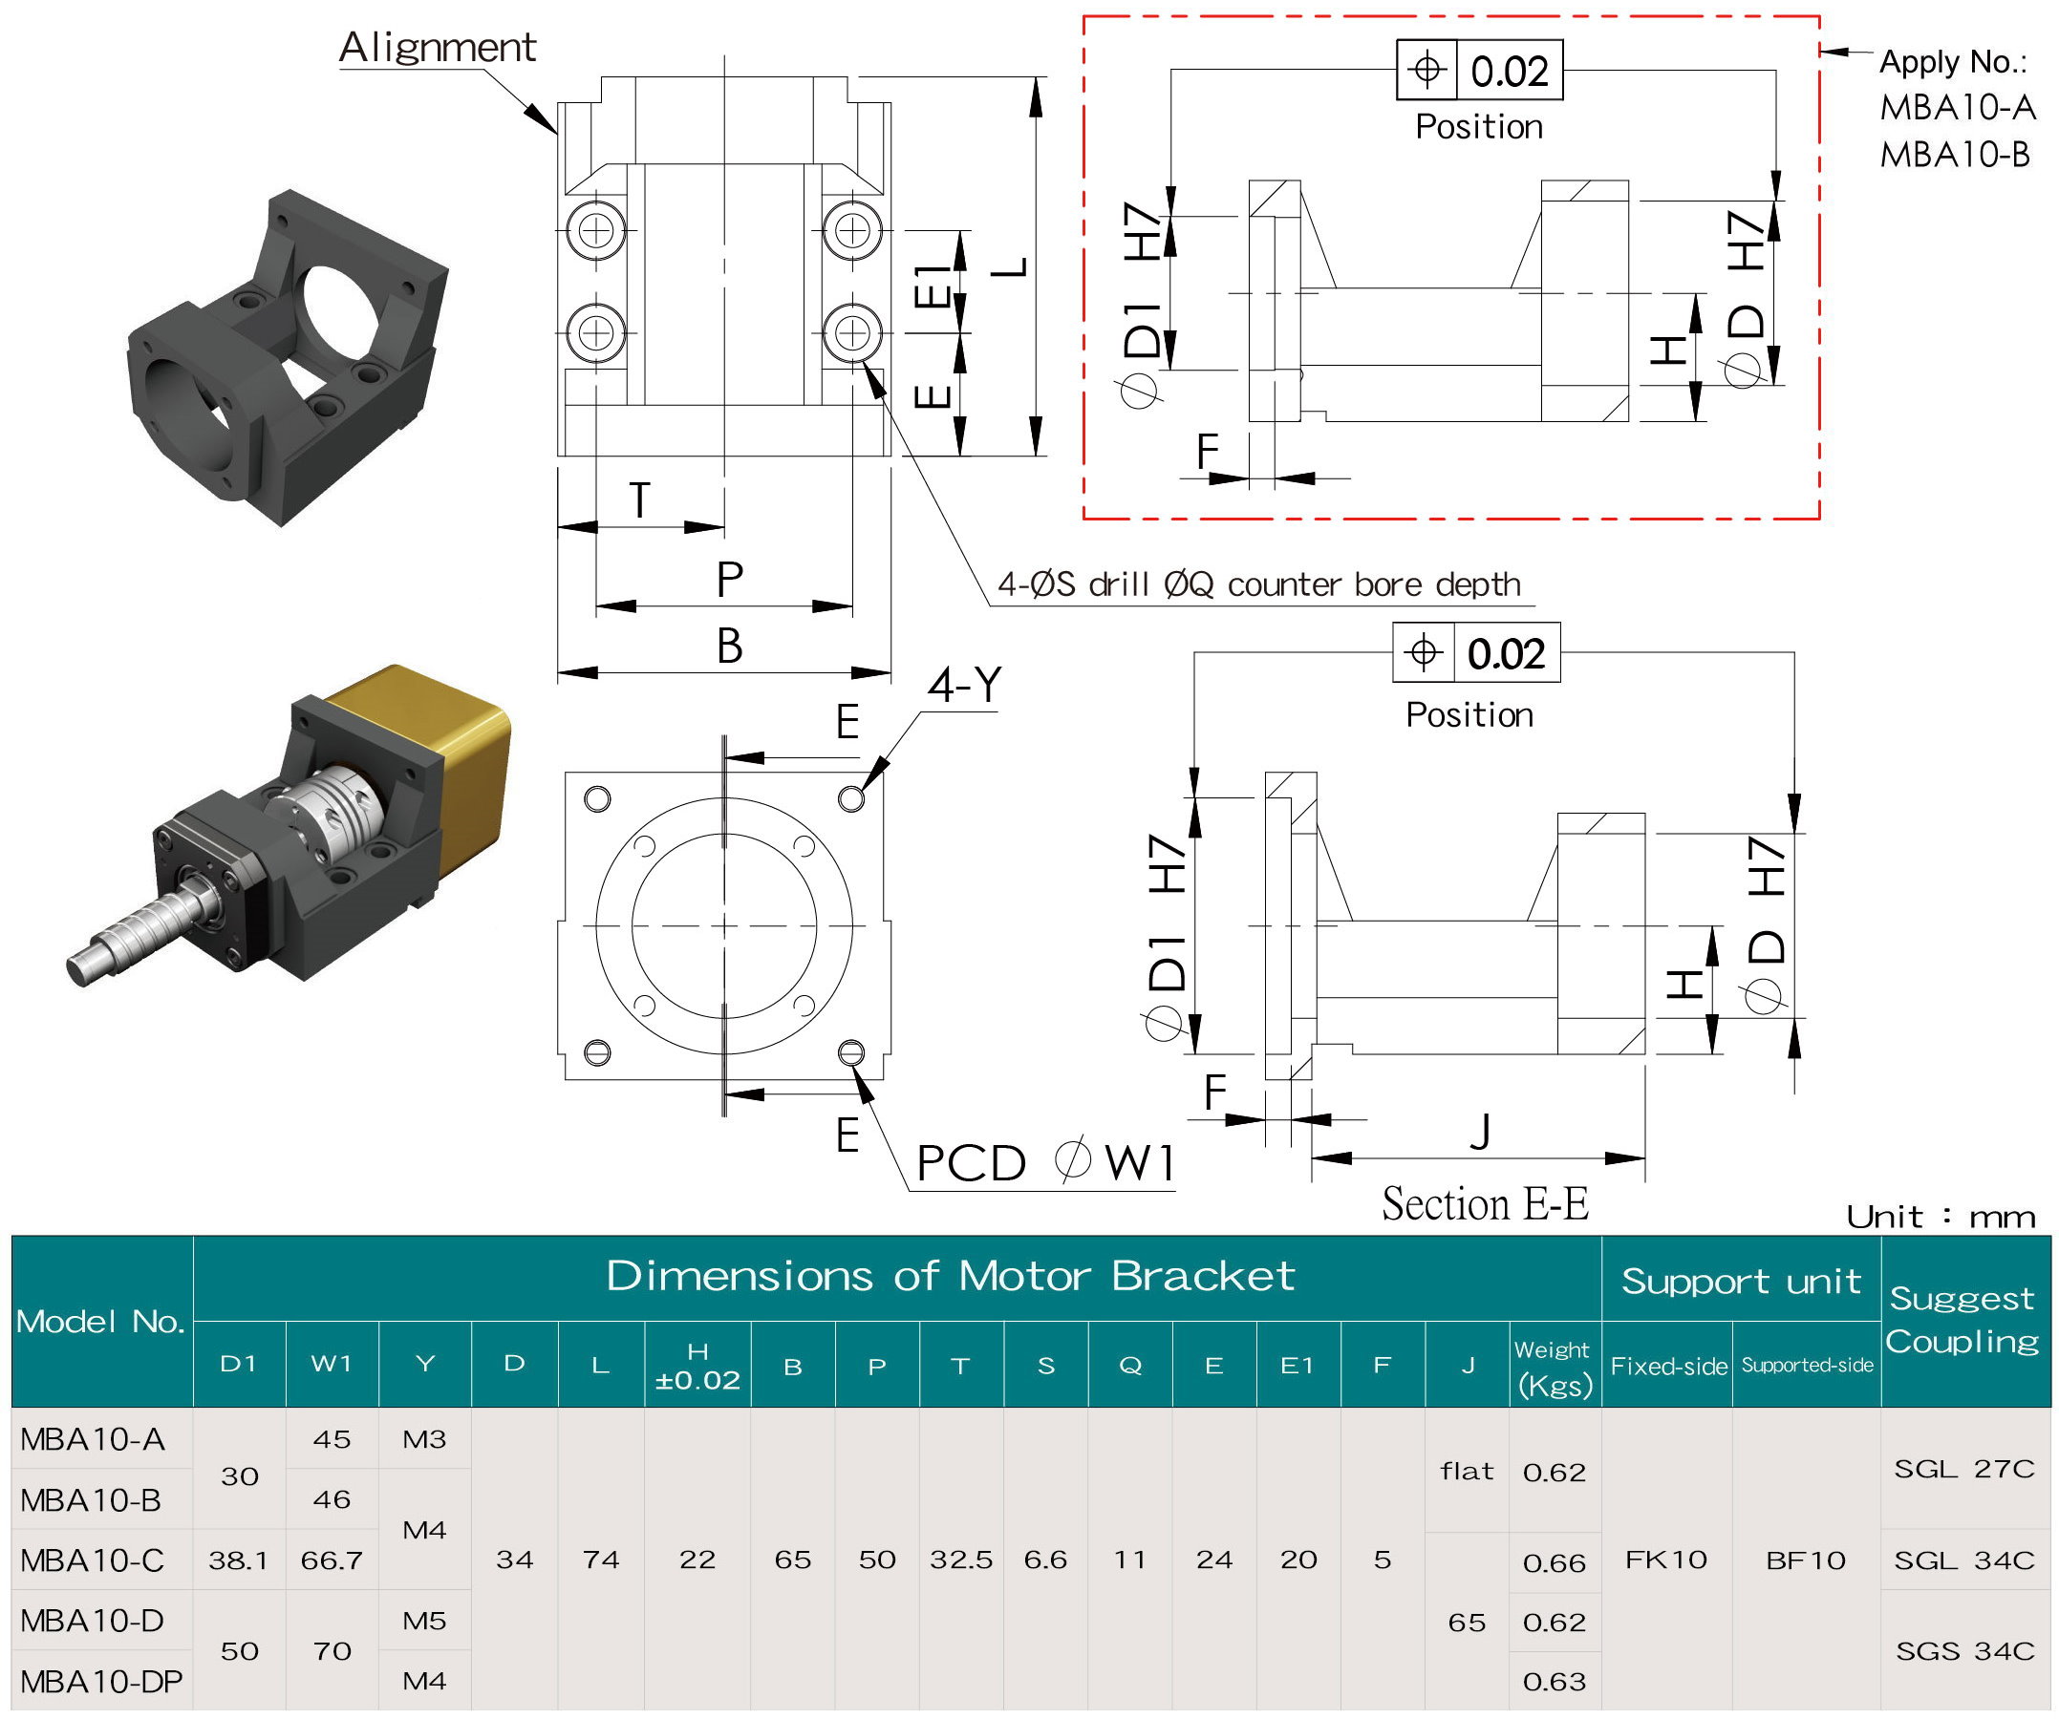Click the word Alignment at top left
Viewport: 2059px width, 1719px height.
tap(438, 47)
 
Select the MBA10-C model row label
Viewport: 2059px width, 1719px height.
tap(92, 1560)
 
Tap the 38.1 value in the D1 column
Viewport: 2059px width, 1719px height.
tap(238, 1560)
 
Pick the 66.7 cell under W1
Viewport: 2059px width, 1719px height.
tap(332, 1560)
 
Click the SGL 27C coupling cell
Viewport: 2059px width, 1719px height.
tap(1963, 1468)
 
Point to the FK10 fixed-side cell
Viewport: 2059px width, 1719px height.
tap(1665, 1560)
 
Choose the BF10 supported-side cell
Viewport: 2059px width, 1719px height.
tap(1806, 1560)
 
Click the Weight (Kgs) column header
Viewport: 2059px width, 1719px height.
tap(1555, 1368)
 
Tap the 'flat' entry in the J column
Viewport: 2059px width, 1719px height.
tap(1467, 1471)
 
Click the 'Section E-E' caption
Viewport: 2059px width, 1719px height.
tap(1485, 1203)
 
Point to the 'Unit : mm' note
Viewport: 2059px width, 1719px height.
tap(1941, 1217)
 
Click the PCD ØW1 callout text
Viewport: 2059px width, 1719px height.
tap(1044, 1163)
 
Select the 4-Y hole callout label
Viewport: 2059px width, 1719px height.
tap(965, 684)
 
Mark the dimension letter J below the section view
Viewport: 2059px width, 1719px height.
tap(1480, 1132)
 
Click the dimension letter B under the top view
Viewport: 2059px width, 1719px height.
tap(728, 647)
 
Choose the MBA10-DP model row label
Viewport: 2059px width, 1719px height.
tap(101, 1681)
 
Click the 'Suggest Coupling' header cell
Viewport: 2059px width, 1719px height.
tap(1963, 1319)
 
